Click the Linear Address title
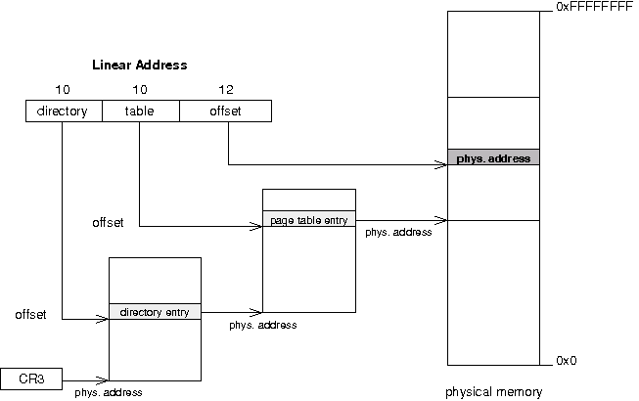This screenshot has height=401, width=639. (x=139, y=65)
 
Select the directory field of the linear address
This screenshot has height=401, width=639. (x=63, y=111)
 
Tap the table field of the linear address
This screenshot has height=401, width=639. (x=140, y=111)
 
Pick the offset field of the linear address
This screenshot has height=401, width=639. (x=225, y=111)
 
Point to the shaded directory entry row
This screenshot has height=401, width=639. (x=155, y=312)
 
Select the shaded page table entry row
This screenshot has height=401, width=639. (x=308, y=219)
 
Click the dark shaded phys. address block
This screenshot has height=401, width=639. (x=492, y=157)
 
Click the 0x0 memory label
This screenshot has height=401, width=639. (x=567, y=361)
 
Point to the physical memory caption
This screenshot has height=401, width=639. (x=492, y=393)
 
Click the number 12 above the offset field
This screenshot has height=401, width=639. (x=225, y=90)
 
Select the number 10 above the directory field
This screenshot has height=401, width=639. (x=64, y=90)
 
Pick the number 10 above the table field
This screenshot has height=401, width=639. (x=140, y=90)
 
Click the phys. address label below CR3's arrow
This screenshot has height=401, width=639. (x=108, y=393)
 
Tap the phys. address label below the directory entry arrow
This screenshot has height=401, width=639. (x=262, y=325)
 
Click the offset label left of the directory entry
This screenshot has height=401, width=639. (x=32, y=314)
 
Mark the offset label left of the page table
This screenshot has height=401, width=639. (x=108, y=223)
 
